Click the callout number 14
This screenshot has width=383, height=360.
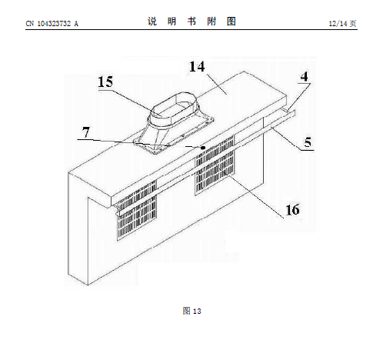click(x=197, y=67)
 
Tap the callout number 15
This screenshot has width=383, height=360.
click(x=105, y=82)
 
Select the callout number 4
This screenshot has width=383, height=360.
click(x=305, y=77)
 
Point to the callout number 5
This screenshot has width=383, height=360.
click(x=308, y=142)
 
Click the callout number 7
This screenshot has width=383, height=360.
click(x=86, y=132)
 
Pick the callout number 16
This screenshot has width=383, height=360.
click(x=292, y=210)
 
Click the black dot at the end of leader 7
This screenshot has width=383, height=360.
click(x=203, y=148)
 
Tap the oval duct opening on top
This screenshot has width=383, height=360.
click(x=174, y=107)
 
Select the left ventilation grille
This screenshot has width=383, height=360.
click(x=137, y=210)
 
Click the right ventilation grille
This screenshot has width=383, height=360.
click(x=215, y=165)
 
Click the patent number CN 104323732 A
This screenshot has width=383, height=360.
click(x=52, y=24)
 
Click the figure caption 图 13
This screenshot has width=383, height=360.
click(x=191, y=311)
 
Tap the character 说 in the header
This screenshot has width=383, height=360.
click(x=152, y=22)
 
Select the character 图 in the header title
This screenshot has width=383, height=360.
click(x=231, y=22)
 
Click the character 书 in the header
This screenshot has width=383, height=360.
click(x=191, y=22)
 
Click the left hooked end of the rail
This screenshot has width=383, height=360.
click(x=118, y=212)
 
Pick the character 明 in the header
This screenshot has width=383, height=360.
click(x=172, y=22)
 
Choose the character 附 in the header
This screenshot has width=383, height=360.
click(x=211, y=22)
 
